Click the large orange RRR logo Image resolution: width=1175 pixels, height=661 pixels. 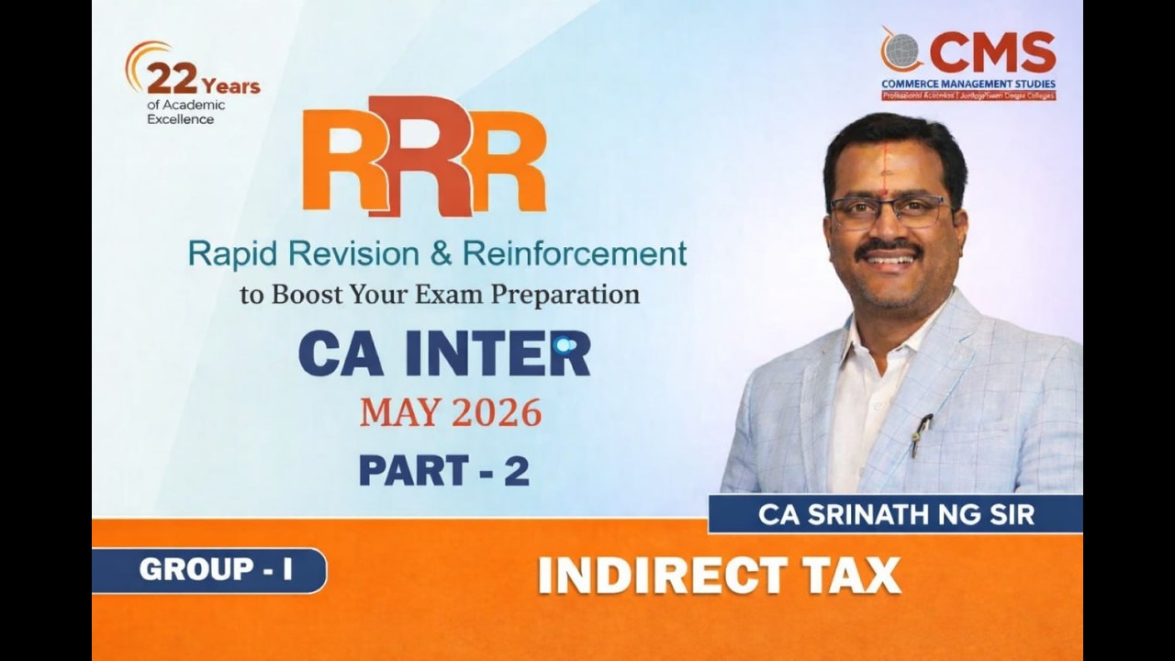point(424,156)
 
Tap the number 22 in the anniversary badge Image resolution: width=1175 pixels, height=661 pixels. point(172,81)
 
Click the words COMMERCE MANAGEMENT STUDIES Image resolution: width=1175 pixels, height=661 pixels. point(968,84)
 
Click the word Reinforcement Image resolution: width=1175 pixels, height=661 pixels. point(575,253)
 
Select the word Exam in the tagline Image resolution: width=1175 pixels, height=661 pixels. point(447,295)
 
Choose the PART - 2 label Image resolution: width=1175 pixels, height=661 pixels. point(443,470)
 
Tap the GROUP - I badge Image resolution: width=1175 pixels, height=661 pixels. point(215,570)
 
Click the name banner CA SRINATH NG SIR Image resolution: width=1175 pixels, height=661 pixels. point(896,514)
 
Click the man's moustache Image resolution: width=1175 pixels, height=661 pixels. point(889,249)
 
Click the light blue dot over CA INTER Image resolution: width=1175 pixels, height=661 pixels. point(565,345)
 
